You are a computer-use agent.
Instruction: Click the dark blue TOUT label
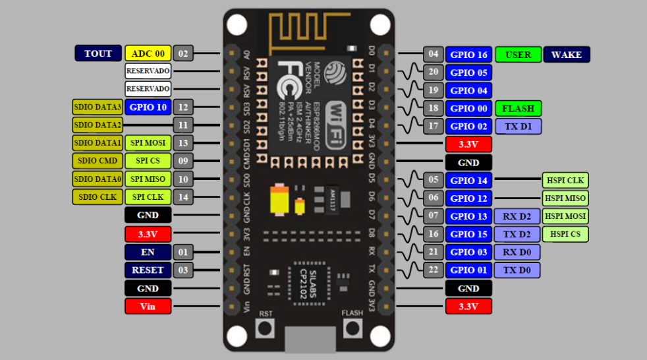(98, 53)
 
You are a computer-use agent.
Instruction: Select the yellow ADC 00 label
(148, 53)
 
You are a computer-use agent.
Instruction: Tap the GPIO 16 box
(468, 55)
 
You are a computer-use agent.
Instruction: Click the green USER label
(518, 55)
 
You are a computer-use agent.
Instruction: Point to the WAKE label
(567, 55)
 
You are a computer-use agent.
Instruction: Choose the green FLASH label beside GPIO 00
(518, 108)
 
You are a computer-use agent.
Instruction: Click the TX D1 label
(518, 126)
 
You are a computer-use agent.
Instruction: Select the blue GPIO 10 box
(148, 107)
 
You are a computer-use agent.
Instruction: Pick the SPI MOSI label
(148, 143)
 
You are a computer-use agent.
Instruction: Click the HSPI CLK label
(565, 181)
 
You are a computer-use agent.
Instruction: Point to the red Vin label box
(148, 306)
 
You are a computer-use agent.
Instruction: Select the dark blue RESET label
(148, 270)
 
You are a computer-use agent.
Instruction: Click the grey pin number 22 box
(433, 270)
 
